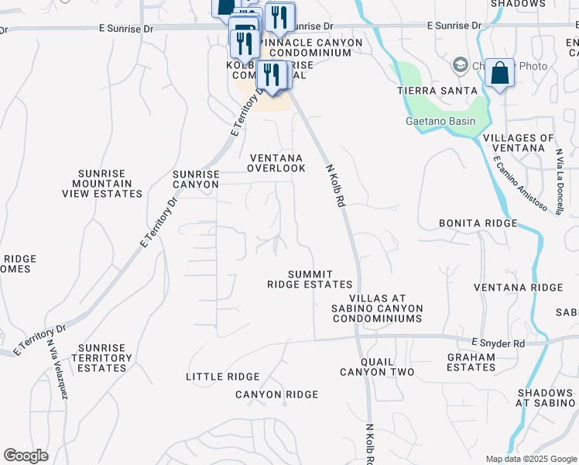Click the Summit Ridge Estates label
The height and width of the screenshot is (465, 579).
[310, 280]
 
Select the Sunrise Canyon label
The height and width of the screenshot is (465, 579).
[196, 180]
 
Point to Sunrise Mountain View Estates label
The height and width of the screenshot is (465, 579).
[111, 184]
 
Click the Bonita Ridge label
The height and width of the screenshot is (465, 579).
[478, 223]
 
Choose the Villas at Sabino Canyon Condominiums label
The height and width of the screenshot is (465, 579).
[386, 308]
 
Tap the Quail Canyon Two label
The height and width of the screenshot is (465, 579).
[382, 367]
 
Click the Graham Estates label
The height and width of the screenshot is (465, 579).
[471, 363]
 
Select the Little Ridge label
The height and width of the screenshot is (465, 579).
[223, 377]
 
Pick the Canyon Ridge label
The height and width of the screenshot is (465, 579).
[277, 395]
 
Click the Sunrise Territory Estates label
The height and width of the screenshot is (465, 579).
[101, 358]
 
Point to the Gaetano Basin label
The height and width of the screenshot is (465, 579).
[440, 122]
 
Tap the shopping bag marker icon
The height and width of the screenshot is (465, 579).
[501, 74]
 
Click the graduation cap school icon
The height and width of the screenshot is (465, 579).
[460, 64]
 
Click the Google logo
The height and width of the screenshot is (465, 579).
[26, 456]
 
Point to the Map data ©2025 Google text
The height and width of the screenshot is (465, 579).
[530, 459]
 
